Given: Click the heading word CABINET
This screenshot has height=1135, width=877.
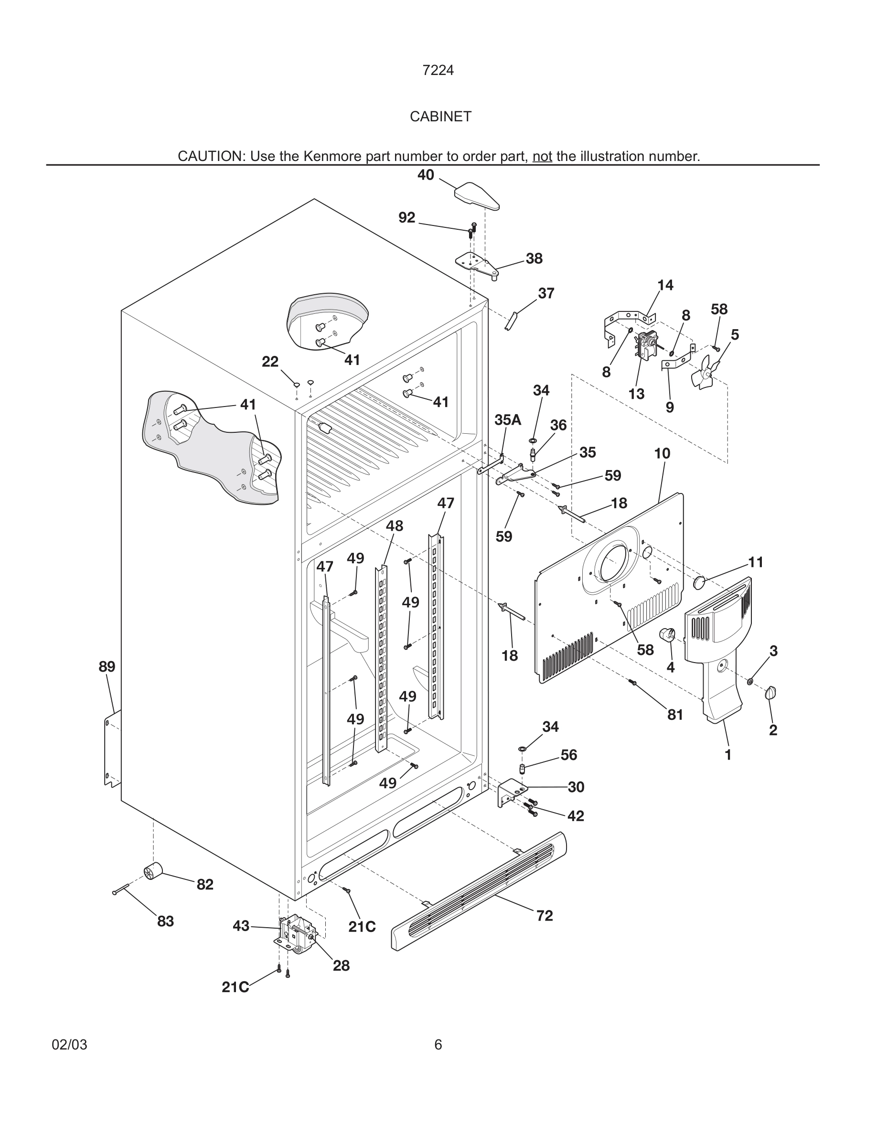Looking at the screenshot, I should [440, 117].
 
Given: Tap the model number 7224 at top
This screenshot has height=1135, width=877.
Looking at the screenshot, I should [438, 70].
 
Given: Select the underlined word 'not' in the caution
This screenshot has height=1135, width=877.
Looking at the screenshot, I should [542, 156].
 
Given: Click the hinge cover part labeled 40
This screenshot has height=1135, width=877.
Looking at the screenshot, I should [476, 195].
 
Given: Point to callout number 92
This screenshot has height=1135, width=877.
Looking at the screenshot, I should [407, 218].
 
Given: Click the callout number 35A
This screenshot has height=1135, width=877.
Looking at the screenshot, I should [508, 419].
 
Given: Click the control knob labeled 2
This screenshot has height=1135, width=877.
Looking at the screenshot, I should [770, 693].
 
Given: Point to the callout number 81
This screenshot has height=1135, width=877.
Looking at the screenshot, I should [675, 715].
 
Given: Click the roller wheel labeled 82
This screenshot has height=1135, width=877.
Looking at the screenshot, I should [153, 870].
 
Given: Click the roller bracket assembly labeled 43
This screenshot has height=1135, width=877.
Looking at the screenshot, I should [295, 934].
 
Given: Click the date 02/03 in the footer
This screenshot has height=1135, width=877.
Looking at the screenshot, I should [70, 1045].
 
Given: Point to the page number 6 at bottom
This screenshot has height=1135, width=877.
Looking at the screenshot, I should [438, 1045].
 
